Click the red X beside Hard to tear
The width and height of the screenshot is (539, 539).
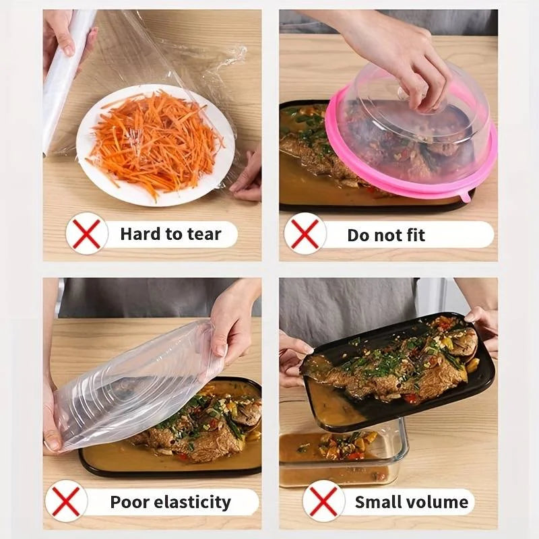tap(86, 233)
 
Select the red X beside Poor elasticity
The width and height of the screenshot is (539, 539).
tap(66, 501)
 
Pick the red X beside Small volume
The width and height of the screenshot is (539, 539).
tap(323, 501)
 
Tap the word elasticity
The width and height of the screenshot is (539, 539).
tap(195, 502)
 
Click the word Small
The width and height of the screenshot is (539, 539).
tap(380, 502)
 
